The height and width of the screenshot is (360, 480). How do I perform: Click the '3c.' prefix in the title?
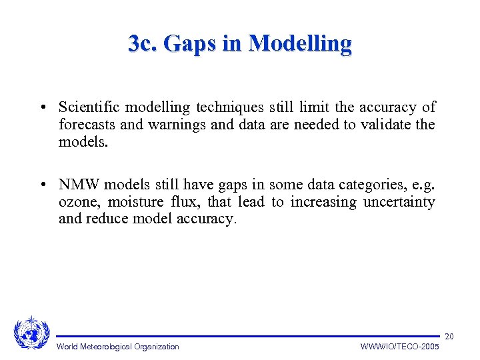point(142,43)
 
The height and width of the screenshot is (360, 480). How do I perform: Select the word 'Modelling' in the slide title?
point(299,43)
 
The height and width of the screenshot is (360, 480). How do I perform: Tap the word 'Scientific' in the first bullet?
point(89,107)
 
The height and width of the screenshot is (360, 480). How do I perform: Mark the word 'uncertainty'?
point(399,202)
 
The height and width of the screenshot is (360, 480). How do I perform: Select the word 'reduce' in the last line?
point(106,219)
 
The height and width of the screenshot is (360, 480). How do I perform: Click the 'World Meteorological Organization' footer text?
point(117,347)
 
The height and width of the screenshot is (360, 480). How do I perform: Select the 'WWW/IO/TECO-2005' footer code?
point(399,347)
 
